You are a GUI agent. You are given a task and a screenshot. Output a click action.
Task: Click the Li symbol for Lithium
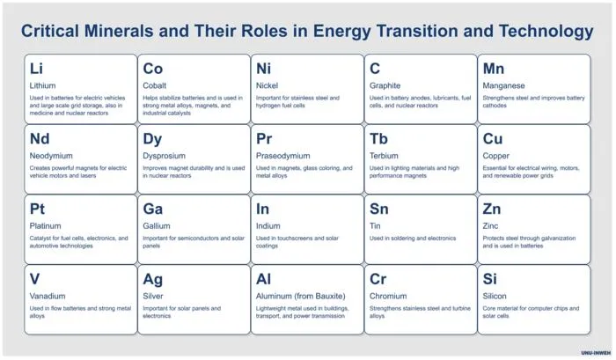coord(36,69)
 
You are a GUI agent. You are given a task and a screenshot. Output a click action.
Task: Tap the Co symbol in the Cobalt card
coord(152,69)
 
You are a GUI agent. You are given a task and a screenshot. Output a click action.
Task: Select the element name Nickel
coord(267,85)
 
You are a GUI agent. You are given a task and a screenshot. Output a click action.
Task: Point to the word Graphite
coord(385,85)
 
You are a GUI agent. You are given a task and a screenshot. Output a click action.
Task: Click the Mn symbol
coord(493,69)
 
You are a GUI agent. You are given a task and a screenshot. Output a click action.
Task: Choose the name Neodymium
coord(51,156)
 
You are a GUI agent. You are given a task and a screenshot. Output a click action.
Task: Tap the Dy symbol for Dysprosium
coord(152,140)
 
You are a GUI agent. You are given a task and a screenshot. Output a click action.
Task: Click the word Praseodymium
coord(282,156)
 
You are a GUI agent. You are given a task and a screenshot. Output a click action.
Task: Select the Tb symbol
coord(378,139)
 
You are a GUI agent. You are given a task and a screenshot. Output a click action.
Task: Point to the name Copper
coord(495,156)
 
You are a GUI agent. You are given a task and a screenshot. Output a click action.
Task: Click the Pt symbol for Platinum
coord(37,209)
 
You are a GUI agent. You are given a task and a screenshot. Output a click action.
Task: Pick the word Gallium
coord(157,226)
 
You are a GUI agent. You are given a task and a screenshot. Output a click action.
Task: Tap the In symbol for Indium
coord(262,209)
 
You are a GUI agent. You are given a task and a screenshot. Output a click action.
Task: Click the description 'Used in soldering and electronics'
coord(413,239)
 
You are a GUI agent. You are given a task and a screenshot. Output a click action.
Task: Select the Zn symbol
coord(491,209)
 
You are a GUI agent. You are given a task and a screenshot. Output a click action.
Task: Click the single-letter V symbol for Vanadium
coord(34,279)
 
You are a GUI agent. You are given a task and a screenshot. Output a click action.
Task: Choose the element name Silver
coord(153,296)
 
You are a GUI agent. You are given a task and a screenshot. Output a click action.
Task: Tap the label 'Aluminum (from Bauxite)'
coord(301,297)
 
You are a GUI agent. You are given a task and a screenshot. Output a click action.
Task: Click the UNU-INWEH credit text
coord(596,353)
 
